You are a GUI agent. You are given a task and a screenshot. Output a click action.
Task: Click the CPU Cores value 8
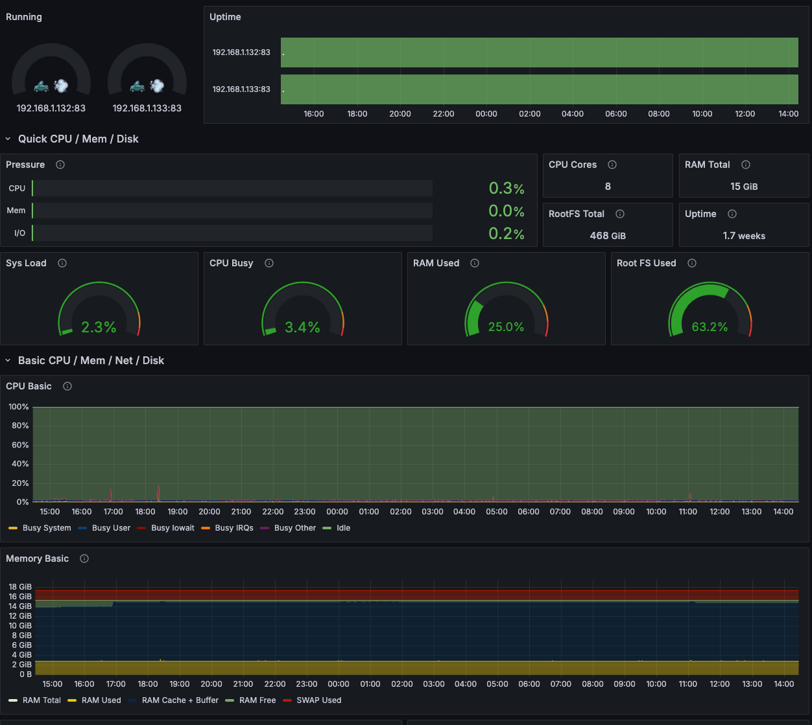pyautogui.click(x=608, y=187)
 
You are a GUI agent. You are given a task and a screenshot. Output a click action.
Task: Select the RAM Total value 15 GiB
pyautogui.click(x=744, y=187)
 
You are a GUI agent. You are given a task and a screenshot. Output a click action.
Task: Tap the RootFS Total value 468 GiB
pyautogui.click(x=608, y=236)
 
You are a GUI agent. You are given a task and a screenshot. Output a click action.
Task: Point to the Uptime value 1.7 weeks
pyautogui.click(x=744, y=236)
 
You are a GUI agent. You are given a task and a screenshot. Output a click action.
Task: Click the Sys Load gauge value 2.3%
pyautogui.click(x=99, y=327)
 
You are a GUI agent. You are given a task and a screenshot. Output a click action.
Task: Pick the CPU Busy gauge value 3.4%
pyautogui.click(x=302, y=327)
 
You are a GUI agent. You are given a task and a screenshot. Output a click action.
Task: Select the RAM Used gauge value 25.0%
pyautogui.click(x=506, y=327)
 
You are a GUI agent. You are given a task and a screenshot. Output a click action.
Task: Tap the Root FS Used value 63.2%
pyautogui.click(x=710, y=327)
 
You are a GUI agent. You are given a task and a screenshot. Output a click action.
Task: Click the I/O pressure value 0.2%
pyautogui.click(x=507, y=234)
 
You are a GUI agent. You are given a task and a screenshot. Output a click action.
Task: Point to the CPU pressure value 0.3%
pyautogui.click(x=507, y=189)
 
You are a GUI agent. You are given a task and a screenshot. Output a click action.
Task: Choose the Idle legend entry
pyautogui.click(x=343, y=528)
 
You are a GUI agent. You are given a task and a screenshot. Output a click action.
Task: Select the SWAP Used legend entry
pyautogui.click(x=318, y=700)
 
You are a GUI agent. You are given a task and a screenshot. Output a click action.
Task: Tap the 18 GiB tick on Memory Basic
pyautogui.click(x=20, y=587)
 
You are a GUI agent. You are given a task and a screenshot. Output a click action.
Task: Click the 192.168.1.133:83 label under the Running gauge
pyautogui.click(x=147, y=108)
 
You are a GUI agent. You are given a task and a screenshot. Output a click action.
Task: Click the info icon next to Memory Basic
pyautogui.click(x=84, y=558)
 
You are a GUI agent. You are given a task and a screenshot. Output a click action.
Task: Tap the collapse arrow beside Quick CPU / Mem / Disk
pyautogui.click(x=8, y=139)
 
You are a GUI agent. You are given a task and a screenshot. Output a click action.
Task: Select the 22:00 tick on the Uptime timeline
pyautogui.click(x=444, y=114)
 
